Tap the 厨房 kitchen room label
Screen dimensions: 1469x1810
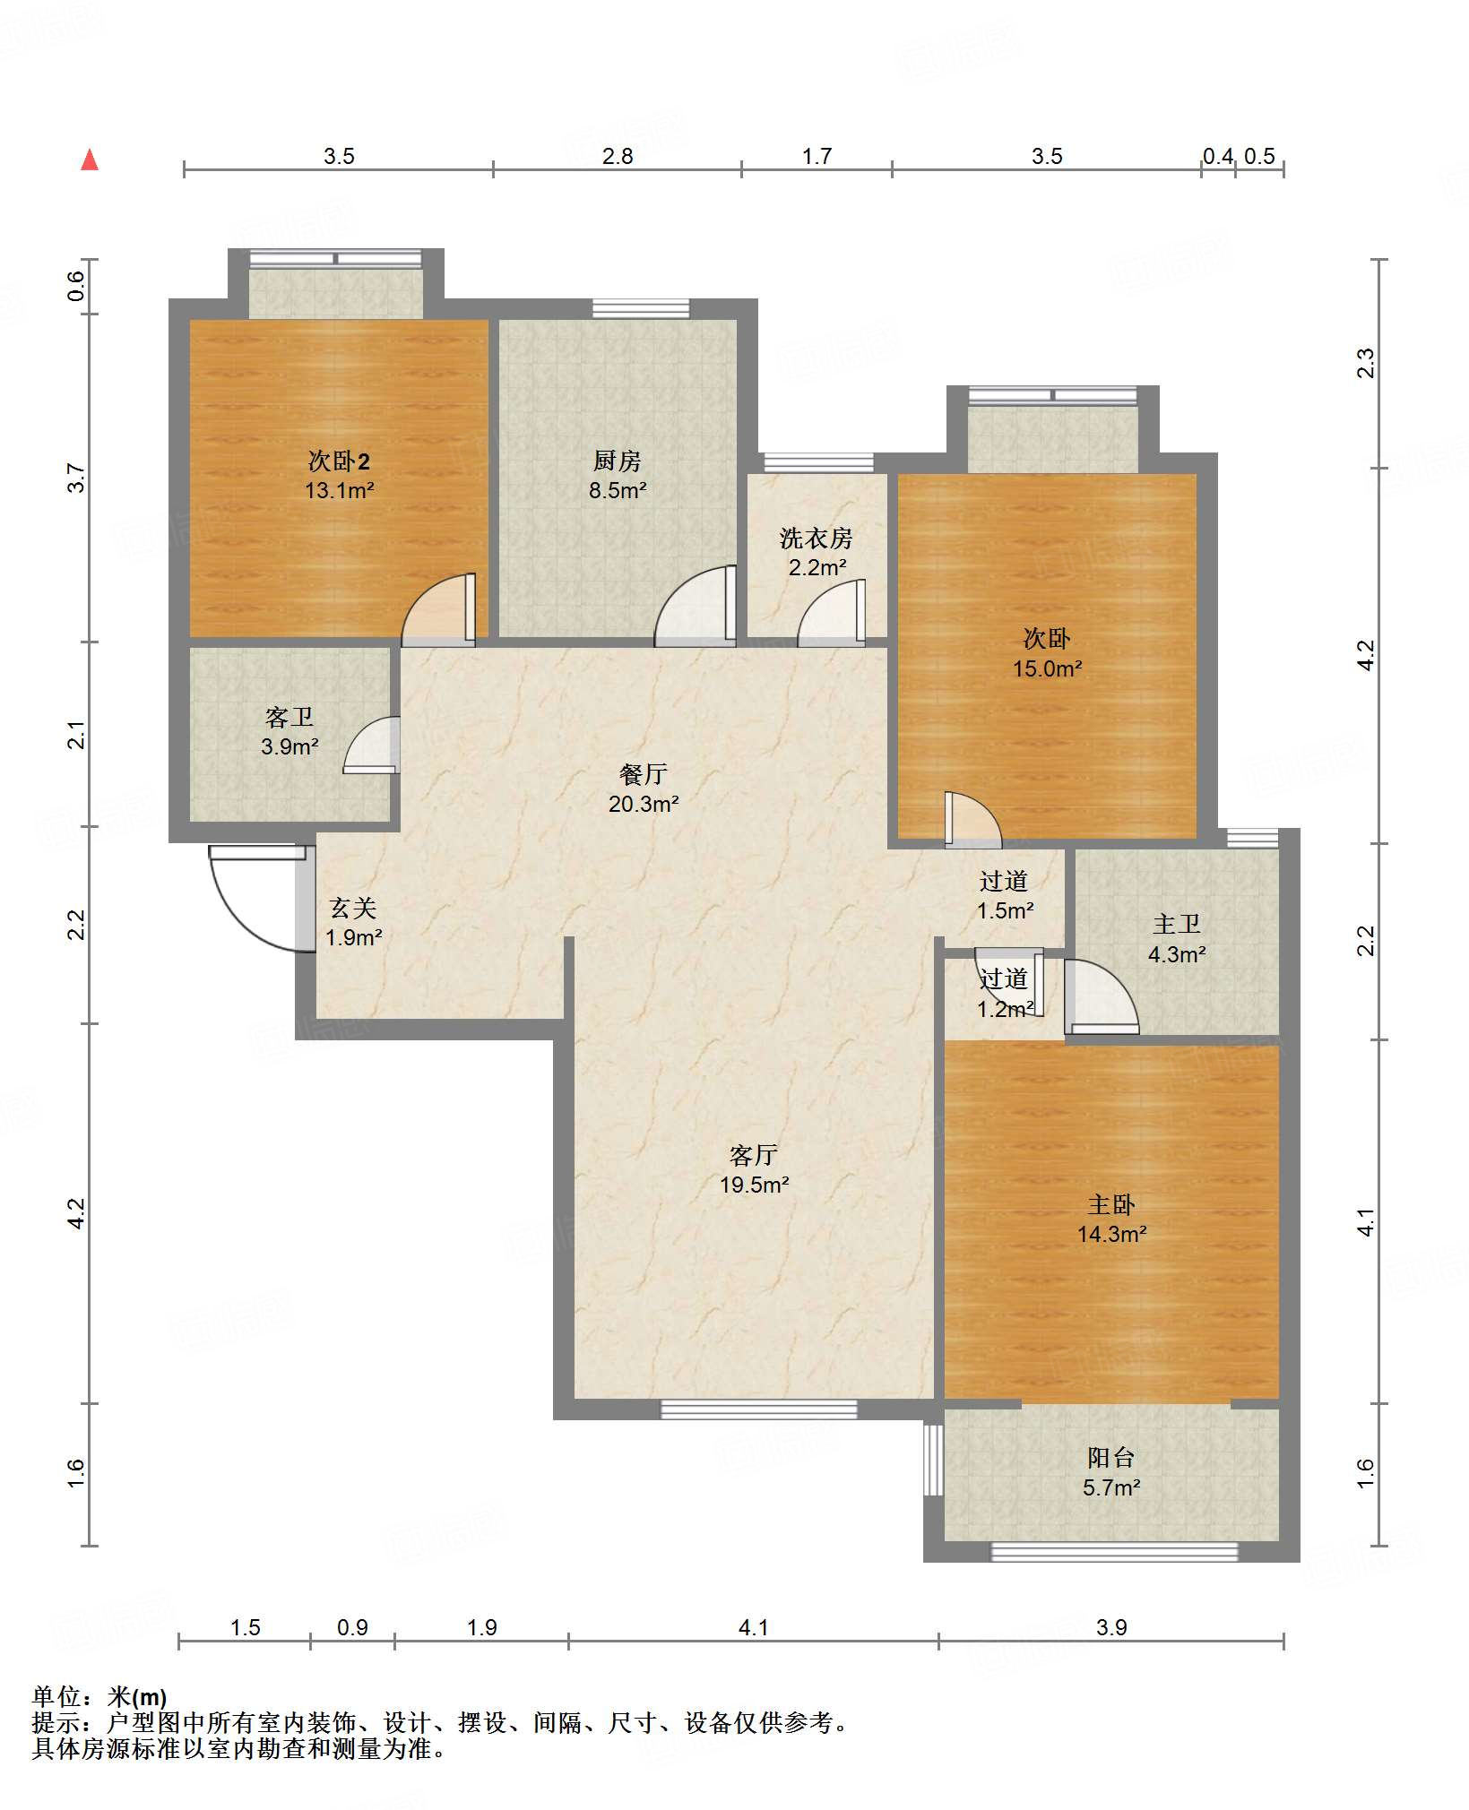(x=618, y=461)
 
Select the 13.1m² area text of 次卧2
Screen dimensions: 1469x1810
(x=339, y=491)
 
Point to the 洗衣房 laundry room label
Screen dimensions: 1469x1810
(x=816, y=539)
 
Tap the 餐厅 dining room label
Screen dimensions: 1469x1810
(x=644, y=774)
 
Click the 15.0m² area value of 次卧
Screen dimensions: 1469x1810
(x=1047, y=669)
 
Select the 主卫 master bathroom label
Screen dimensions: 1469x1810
(x=1176, y=925)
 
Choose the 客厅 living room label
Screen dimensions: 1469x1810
(x=754, y=1155)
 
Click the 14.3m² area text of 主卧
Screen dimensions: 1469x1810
(x=1111, y=1235)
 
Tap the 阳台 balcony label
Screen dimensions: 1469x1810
(x=1111, y=1458)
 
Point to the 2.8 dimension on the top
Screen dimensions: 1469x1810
(x=618, y=157)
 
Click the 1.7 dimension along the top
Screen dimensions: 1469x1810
(x=817, y=157)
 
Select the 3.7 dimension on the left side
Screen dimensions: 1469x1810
(x=77, y=478)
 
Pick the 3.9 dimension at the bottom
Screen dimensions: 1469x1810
(x=1111, y=1628)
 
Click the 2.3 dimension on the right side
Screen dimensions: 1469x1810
(x=1365, y=363)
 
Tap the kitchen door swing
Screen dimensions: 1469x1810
(x=696, y=606)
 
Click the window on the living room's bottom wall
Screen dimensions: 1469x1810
(x=759, y=1409)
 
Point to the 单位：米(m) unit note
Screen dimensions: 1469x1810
(x=99, y=1697)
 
